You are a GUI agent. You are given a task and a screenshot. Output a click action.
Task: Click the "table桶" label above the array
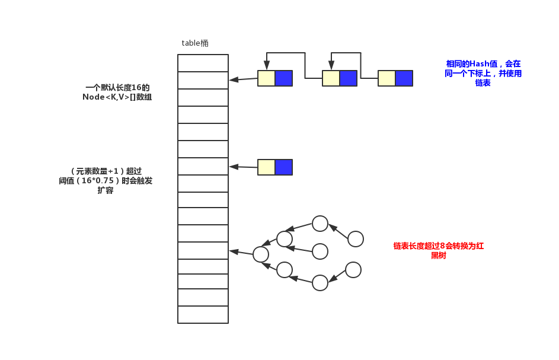(195, 43)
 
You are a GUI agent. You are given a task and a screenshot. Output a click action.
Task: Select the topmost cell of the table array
(203, 63)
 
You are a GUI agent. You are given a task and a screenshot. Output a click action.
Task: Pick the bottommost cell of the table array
(203, 314)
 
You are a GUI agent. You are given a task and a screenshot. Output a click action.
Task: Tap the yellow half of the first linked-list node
(267, 78)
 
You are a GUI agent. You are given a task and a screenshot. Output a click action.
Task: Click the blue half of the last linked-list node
(404, 78)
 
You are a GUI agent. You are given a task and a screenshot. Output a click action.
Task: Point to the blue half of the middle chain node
(348, 78)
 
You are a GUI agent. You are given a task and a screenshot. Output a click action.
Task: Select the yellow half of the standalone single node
(267, 167)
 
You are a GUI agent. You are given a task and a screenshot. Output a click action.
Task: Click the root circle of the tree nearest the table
(261, 254)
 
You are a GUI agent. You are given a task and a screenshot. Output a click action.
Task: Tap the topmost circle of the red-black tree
(320, 224)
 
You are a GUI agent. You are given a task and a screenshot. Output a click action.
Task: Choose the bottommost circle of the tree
(320, 283)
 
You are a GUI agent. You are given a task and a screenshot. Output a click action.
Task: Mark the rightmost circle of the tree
(356, 239)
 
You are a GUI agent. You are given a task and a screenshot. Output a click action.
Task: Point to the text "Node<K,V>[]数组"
(117, 97)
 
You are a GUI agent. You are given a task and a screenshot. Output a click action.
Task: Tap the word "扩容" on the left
(106, 191)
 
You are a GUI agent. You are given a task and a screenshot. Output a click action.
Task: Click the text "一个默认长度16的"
(117, 87)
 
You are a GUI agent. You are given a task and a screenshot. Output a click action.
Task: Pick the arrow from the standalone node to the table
(244, 167)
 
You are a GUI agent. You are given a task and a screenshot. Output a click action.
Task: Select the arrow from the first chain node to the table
(244, 79)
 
